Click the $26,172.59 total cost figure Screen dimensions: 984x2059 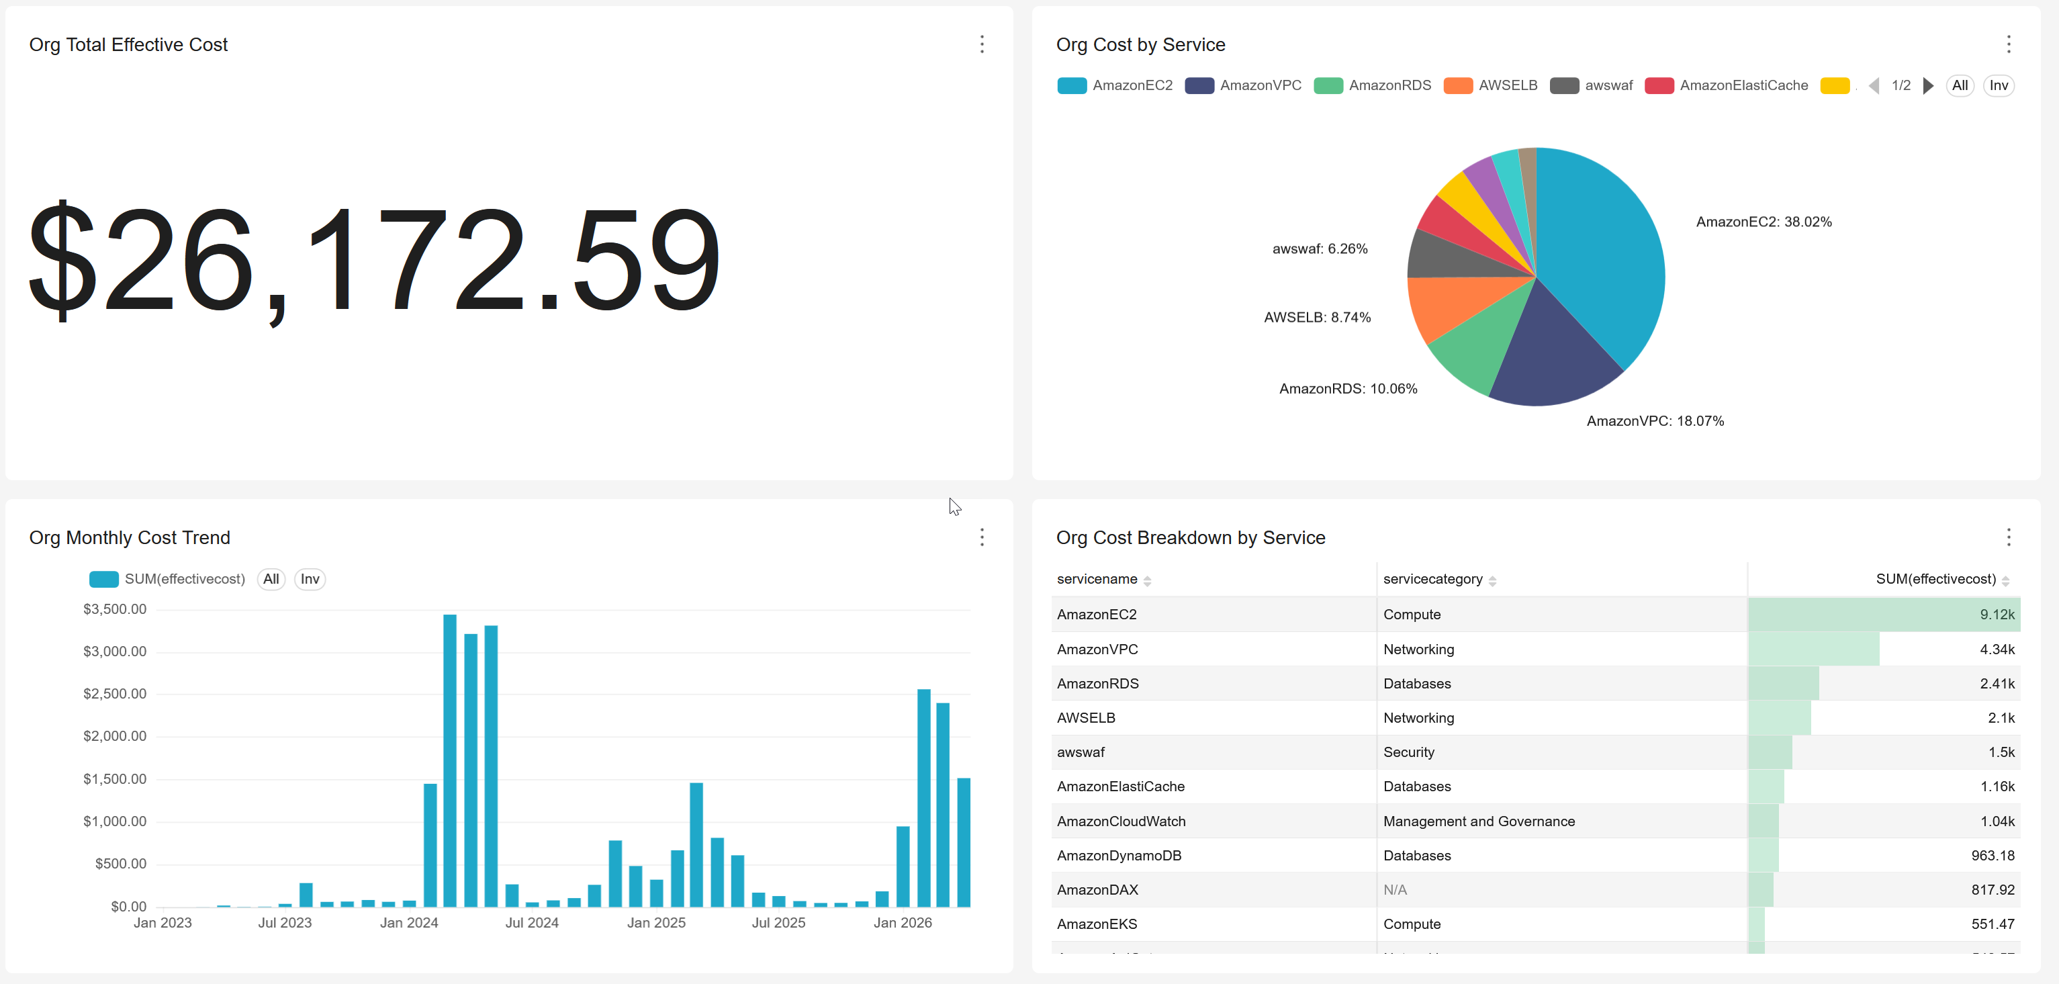point(374,261)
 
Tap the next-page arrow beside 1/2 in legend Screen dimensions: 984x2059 point(1928,85)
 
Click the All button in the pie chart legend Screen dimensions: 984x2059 point(1959,85)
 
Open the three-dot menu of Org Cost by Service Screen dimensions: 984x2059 point(2008,45)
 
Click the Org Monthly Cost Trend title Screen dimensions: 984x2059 point(130,538)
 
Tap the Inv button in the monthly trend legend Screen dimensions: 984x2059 point(310,580)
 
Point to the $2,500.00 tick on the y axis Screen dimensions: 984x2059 point(115,694)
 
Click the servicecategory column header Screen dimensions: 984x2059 point(1432,580)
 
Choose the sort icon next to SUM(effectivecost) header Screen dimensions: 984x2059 point(2005,581)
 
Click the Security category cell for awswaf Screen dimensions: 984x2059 point(1408,752)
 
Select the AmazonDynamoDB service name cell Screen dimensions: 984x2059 point(1119,855)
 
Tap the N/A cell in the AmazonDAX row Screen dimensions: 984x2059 point(1395,890)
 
